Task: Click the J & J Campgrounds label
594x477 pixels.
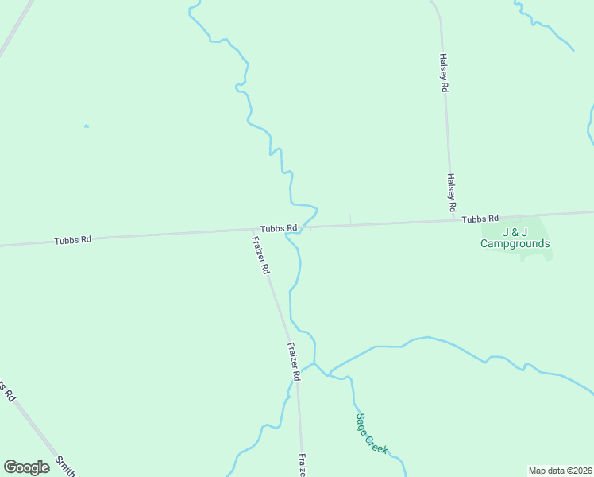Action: (x=515, y=238)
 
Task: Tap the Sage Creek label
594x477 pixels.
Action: (x=371, y=433)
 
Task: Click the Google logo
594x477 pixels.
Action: (x=26, y=467)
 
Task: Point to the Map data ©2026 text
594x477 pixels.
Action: (x=559, y=471)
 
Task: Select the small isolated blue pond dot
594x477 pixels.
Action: (x=86, y=126)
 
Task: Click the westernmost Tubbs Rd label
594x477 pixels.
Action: (x=73, y=239)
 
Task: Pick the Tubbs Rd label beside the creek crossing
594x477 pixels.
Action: (x=280, y=228)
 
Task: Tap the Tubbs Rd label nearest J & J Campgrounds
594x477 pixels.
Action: (x=480, y=219)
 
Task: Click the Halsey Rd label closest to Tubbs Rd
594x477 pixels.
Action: (x=451, y=192)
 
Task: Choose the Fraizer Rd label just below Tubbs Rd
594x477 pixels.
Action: (x=260, y=255)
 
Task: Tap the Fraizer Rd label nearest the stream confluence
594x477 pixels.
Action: (x=293, y=362)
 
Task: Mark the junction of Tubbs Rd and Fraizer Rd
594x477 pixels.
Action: (x=254, y=231)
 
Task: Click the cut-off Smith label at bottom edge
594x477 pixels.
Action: (x=65, y=467)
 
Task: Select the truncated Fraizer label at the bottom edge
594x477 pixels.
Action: (x=303, y=466)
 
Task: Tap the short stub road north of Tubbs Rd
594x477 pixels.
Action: (x=350, y=219)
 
